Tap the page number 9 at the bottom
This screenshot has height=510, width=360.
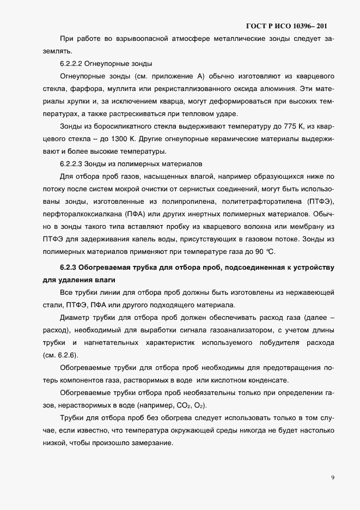[x=333, y=478]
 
